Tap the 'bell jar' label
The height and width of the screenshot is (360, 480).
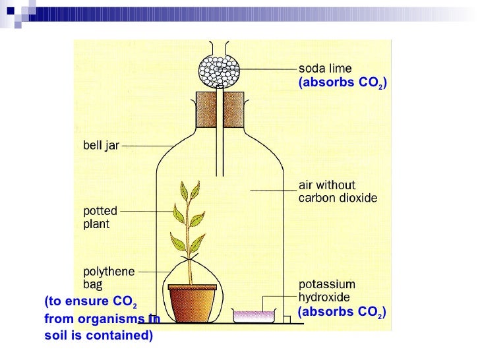tap(100, 145)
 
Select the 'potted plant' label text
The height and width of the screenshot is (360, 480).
tap(100, 218)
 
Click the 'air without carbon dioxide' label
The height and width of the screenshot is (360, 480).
tap(328, 191)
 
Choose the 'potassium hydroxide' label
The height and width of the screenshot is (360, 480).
tap(328, 291)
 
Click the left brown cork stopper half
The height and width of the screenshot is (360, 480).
tap(206, 108)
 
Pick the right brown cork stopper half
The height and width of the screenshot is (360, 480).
tap(237, 108)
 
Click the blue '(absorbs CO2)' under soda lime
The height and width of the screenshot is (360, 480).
tap(342, 82)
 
